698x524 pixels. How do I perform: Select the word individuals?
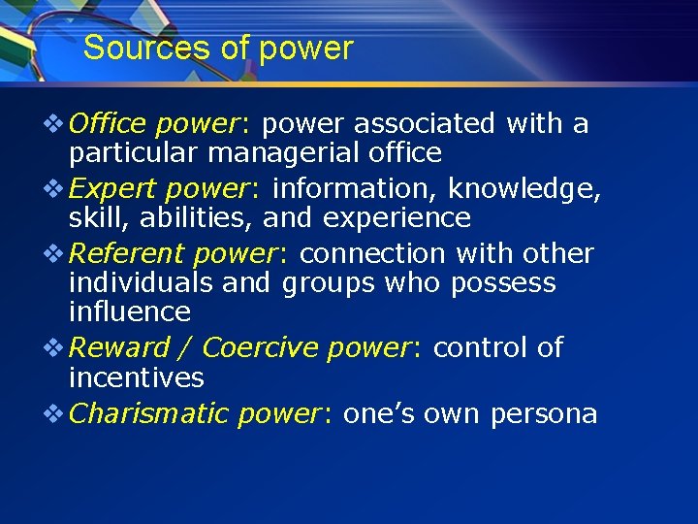pyautogui.click(x=142, y=282)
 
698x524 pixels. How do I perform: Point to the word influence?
pyautogui.click(x=129, y=311)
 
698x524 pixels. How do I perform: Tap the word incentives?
pyautogui.click(x=136, y=377)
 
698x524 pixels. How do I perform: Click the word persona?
pyautogui.click(x=544, y=413)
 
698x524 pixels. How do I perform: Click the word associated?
pyautogui.click(x=424, y=123)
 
